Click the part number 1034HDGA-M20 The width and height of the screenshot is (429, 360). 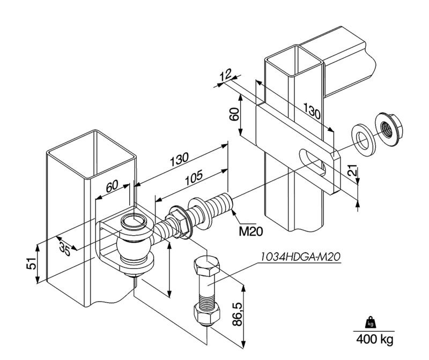[300, 257]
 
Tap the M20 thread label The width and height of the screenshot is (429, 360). [251, 231]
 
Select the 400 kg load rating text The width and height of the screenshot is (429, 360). [375, 339]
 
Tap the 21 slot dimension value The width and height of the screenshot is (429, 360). [353, 170]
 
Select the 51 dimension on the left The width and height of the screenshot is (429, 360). [33, 263]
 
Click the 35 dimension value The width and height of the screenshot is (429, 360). [65, 248]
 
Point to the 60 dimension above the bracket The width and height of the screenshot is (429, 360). [112, 186]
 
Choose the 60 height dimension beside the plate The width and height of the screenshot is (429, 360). [234, 114]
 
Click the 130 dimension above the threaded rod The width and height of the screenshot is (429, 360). [179, 159]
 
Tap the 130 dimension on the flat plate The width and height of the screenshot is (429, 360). [312, 110]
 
